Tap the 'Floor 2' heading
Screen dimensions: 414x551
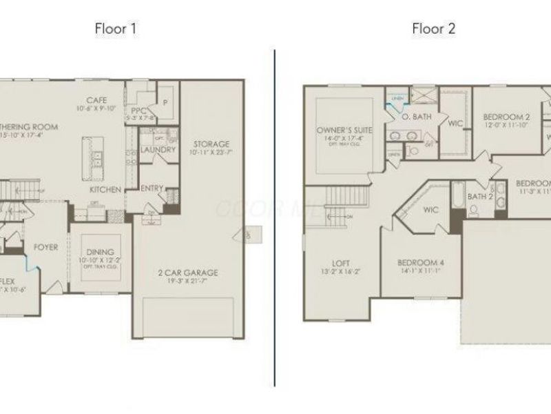coord(433,28)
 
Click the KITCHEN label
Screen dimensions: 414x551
coord(105,190)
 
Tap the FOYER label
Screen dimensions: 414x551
coord(45,247)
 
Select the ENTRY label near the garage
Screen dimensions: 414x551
coord(152,188)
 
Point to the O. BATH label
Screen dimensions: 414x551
coord(417,117)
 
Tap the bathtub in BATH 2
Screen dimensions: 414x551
coord(458,200)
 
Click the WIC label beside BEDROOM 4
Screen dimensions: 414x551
coord(431,210)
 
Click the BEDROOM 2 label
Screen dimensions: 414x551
coord(506,117)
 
